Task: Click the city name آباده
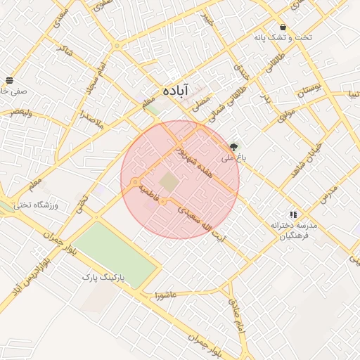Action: [176, 91]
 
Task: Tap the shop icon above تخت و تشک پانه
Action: [283, 27]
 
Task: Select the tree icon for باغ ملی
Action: [233, 146]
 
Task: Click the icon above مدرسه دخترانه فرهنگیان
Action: [293, 214]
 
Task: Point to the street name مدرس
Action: [329, 194]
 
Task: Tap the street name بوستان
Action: [307, 90]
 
